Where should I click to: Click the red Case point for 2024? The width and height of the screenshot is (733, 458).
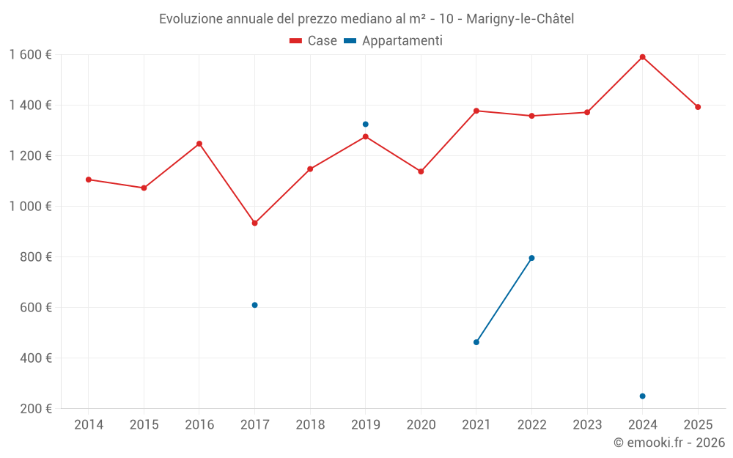tap(642, 57)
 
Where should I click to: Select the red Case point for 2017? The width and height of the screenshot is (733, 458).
tap(254, 223)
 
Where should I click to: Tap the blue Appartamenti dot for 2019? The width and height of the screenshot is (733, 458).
tap(365, 125)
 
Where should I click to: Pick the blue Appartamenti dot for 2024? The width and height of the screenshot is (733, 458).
tap(642, 396)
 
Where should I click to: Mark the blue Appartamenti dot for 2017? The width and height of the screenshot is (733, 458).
tap(254, 305)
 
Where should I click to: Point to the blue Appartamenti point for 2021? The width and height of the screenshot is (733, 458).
tap(476, 342)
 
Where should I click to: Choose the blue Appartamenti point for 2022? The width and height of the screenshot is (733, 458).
tap(531, 258)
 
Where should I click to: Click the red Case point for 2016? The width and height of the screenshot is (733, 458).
tap(199, 144)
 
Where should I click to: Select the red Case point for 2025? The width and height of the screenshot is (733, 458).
tap(698, 107)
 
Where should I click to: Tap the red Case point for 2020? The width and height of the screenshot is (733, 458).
tap(421, 171)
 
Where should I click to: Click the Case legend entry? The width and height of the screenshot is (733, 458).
tap(314, 41)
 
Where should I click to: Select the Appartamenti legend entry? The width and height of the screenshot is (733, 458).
tap(394, 41)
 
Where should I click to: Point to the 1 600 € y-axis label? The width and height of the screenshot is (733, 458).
tap(30, 54)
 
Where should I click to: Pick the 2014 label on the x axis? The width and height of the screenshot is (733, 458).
tap(89, 425)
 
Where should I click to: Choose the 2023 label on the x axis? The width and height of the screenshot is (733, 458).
tap(587, 425)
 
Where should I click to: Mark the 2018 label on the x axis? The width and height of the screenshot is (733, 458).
tap(310, 425)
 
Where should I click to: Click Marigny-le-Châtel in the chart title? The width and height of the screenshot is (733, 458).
tap(521, 19)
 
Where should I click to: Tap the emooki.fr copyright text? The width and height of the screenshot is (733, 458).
tap(668, 443)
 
